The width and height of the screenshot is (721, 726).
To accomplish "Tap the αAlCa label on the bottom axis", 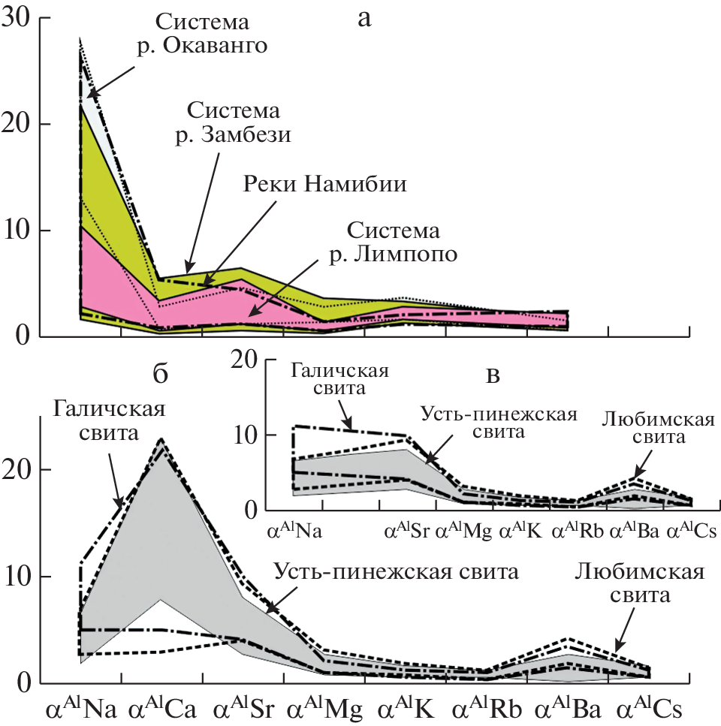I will click(x=160, y=708).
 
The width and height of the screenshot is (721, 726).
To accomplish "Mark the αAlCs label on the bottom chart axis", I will click(x=647, y=708).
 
